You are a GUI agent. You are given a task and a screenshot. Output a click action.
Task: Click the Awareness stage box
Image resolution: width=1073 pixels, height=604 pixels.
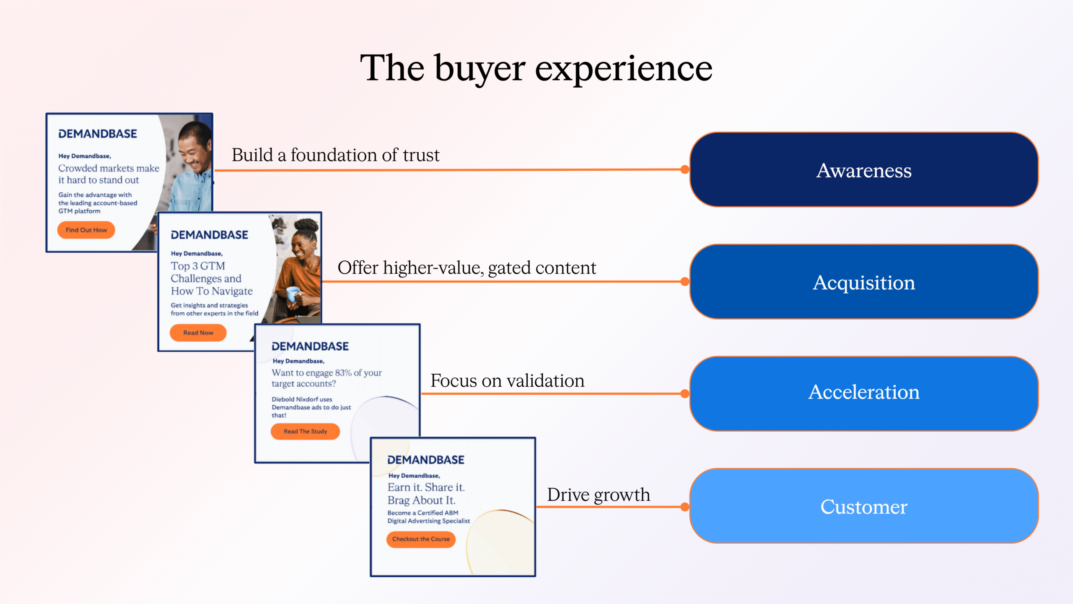(863, 170)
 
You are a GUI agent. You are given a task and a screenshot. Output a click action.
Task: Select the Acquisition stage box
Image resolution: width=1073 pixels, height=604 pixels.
(863, 282)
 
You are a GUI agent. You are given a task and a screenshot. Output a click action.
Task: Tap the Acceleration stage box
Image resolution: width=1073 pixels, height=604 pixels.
(863, 393)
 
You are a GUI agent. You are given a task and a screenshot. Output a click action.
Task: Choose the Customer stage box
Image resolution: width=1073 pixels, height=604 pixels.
(863, 506)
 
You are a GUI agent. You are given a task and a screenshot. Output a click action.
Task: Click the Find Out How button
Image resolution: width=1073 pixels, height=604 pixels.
(86, 230)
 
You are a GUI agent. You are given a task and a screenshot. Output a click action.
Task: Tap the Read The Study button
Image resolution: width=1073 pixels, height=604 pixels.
(305, 431)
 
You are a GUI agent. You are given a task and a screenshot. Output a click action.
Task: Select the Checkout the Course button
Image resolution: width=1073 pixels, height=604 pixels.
(421, 539)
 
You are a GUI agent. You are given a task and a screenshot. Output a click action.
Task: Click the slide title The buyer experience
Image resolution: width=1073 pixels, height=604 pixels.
(536, 68)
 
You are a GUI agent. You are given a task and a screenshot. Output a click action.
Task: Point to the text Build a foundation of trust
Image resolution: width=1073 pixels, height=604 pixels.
(335, 155)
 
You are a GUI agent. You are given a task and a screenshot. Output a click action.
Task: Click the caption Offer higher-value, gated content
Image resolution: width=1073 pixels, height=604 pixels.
(467, 268)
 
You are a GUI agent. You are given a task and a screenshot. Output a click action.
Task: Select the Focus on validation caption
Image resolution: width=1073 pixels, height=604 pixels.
(507, 381)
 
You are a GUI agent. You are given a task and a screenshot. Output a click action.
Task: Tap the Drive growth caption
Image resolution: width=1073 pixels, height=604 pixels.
(598, 495)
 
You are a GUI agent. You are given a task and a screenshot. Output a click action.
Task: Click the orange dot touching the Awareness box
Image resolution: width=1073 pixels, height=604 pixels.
(685, 169)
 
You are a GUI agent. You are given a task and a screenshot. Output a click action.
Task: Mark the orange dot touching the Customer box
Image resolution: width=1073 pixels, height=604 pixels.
(685, 507)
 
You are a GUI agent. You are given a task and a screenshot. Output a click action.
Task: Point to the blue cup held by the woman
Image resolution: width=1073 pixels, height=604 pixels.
(293, 294)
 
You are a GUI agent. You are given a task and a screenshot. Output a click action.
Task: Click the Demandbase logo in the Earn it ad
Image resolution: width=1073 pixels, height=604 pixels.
(425, 460)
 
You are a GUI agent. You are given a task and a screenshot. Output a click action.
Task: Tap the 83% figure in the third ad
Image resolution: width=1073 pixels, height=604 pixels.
(343, 373)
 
